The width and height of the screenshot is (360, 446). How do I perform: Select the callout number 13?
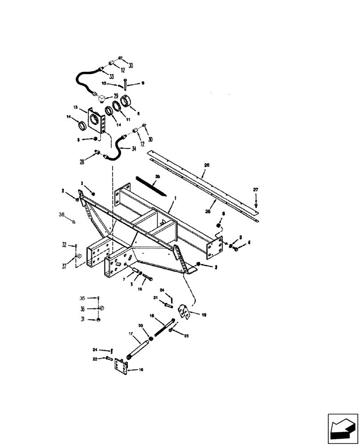75,107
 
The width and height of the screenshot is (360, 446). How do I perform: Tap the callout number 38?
62,215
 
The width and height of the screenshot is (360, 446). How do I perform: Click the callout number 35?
82,297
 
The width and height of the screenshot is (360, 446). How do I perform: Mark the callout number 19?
204,314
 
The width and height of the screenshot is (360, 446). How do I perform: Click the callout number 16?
141,370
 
